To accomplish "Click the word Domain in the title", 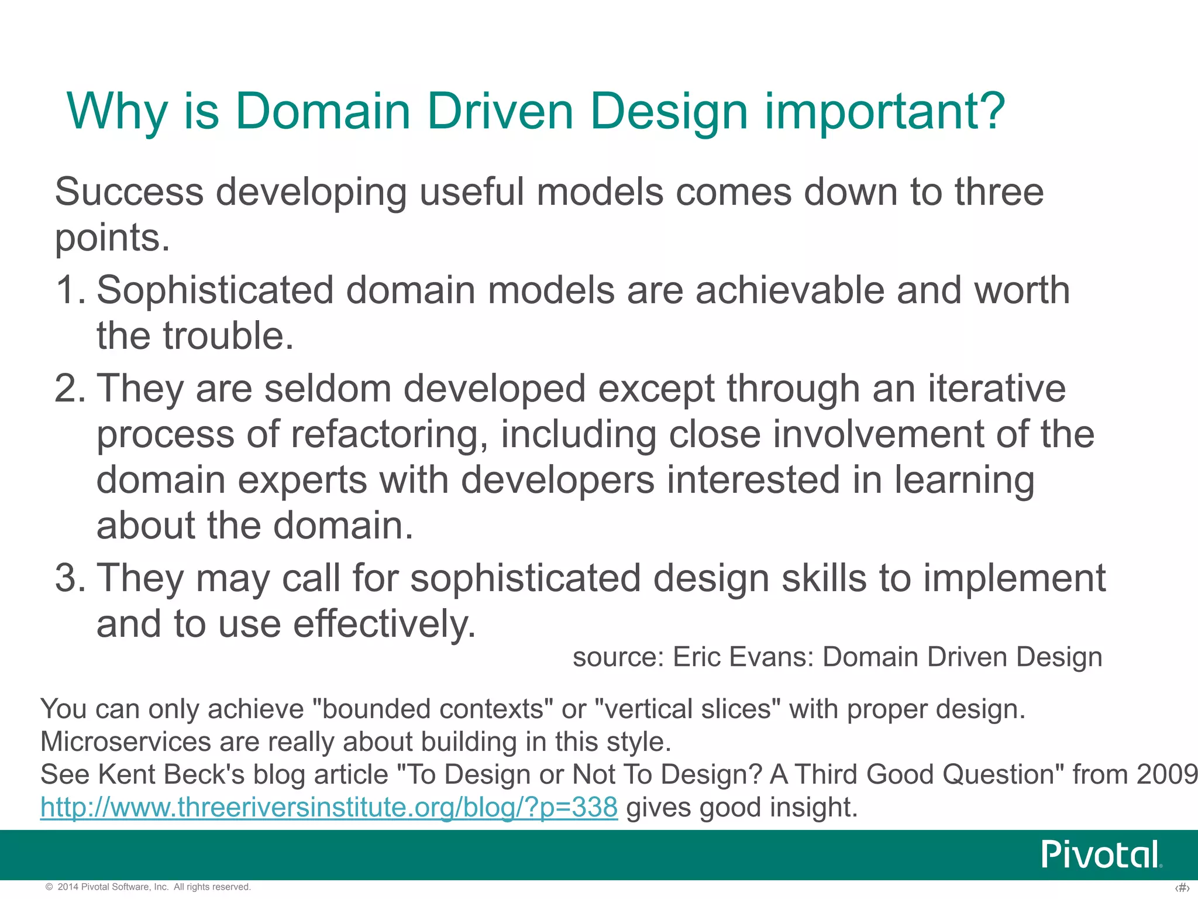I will click(322, 111).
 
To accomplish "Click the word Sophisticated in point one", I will click(215, 291).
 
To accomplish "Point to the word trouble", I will click(228, 336).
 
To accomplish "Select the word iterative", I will click(997, 389).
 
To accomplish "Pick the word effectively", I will click(384, 624).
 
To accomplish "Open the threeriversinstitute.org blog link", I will click(329, 807).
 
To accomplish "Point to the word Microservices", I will click(125, 742).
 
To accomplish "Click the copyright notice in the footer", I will click(149, 887).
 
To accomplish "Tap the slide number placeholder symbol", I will click(1182, 888).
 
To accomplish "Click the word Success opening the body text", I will click(129, 191).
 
